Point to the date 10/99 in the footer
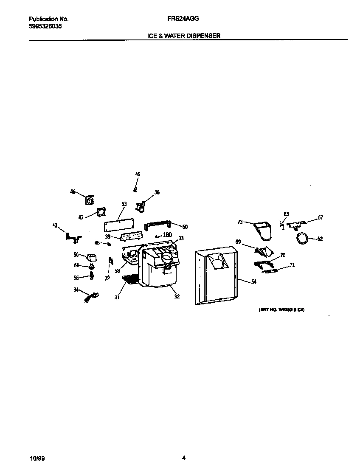[x=37, y=458]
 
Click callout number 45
[x=138, y=174]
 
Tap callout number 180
[x=167, y=235]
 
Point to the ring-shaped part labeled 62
[x=303, y=239]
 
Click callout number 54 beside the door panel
[x=253, y=281]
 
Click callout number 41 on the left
[x=55, y=225]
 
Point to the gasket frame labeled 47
[x=101, y=213]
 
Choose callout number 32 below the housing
[x=177, y=296]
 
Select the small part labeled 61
[x=91, y=267]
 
